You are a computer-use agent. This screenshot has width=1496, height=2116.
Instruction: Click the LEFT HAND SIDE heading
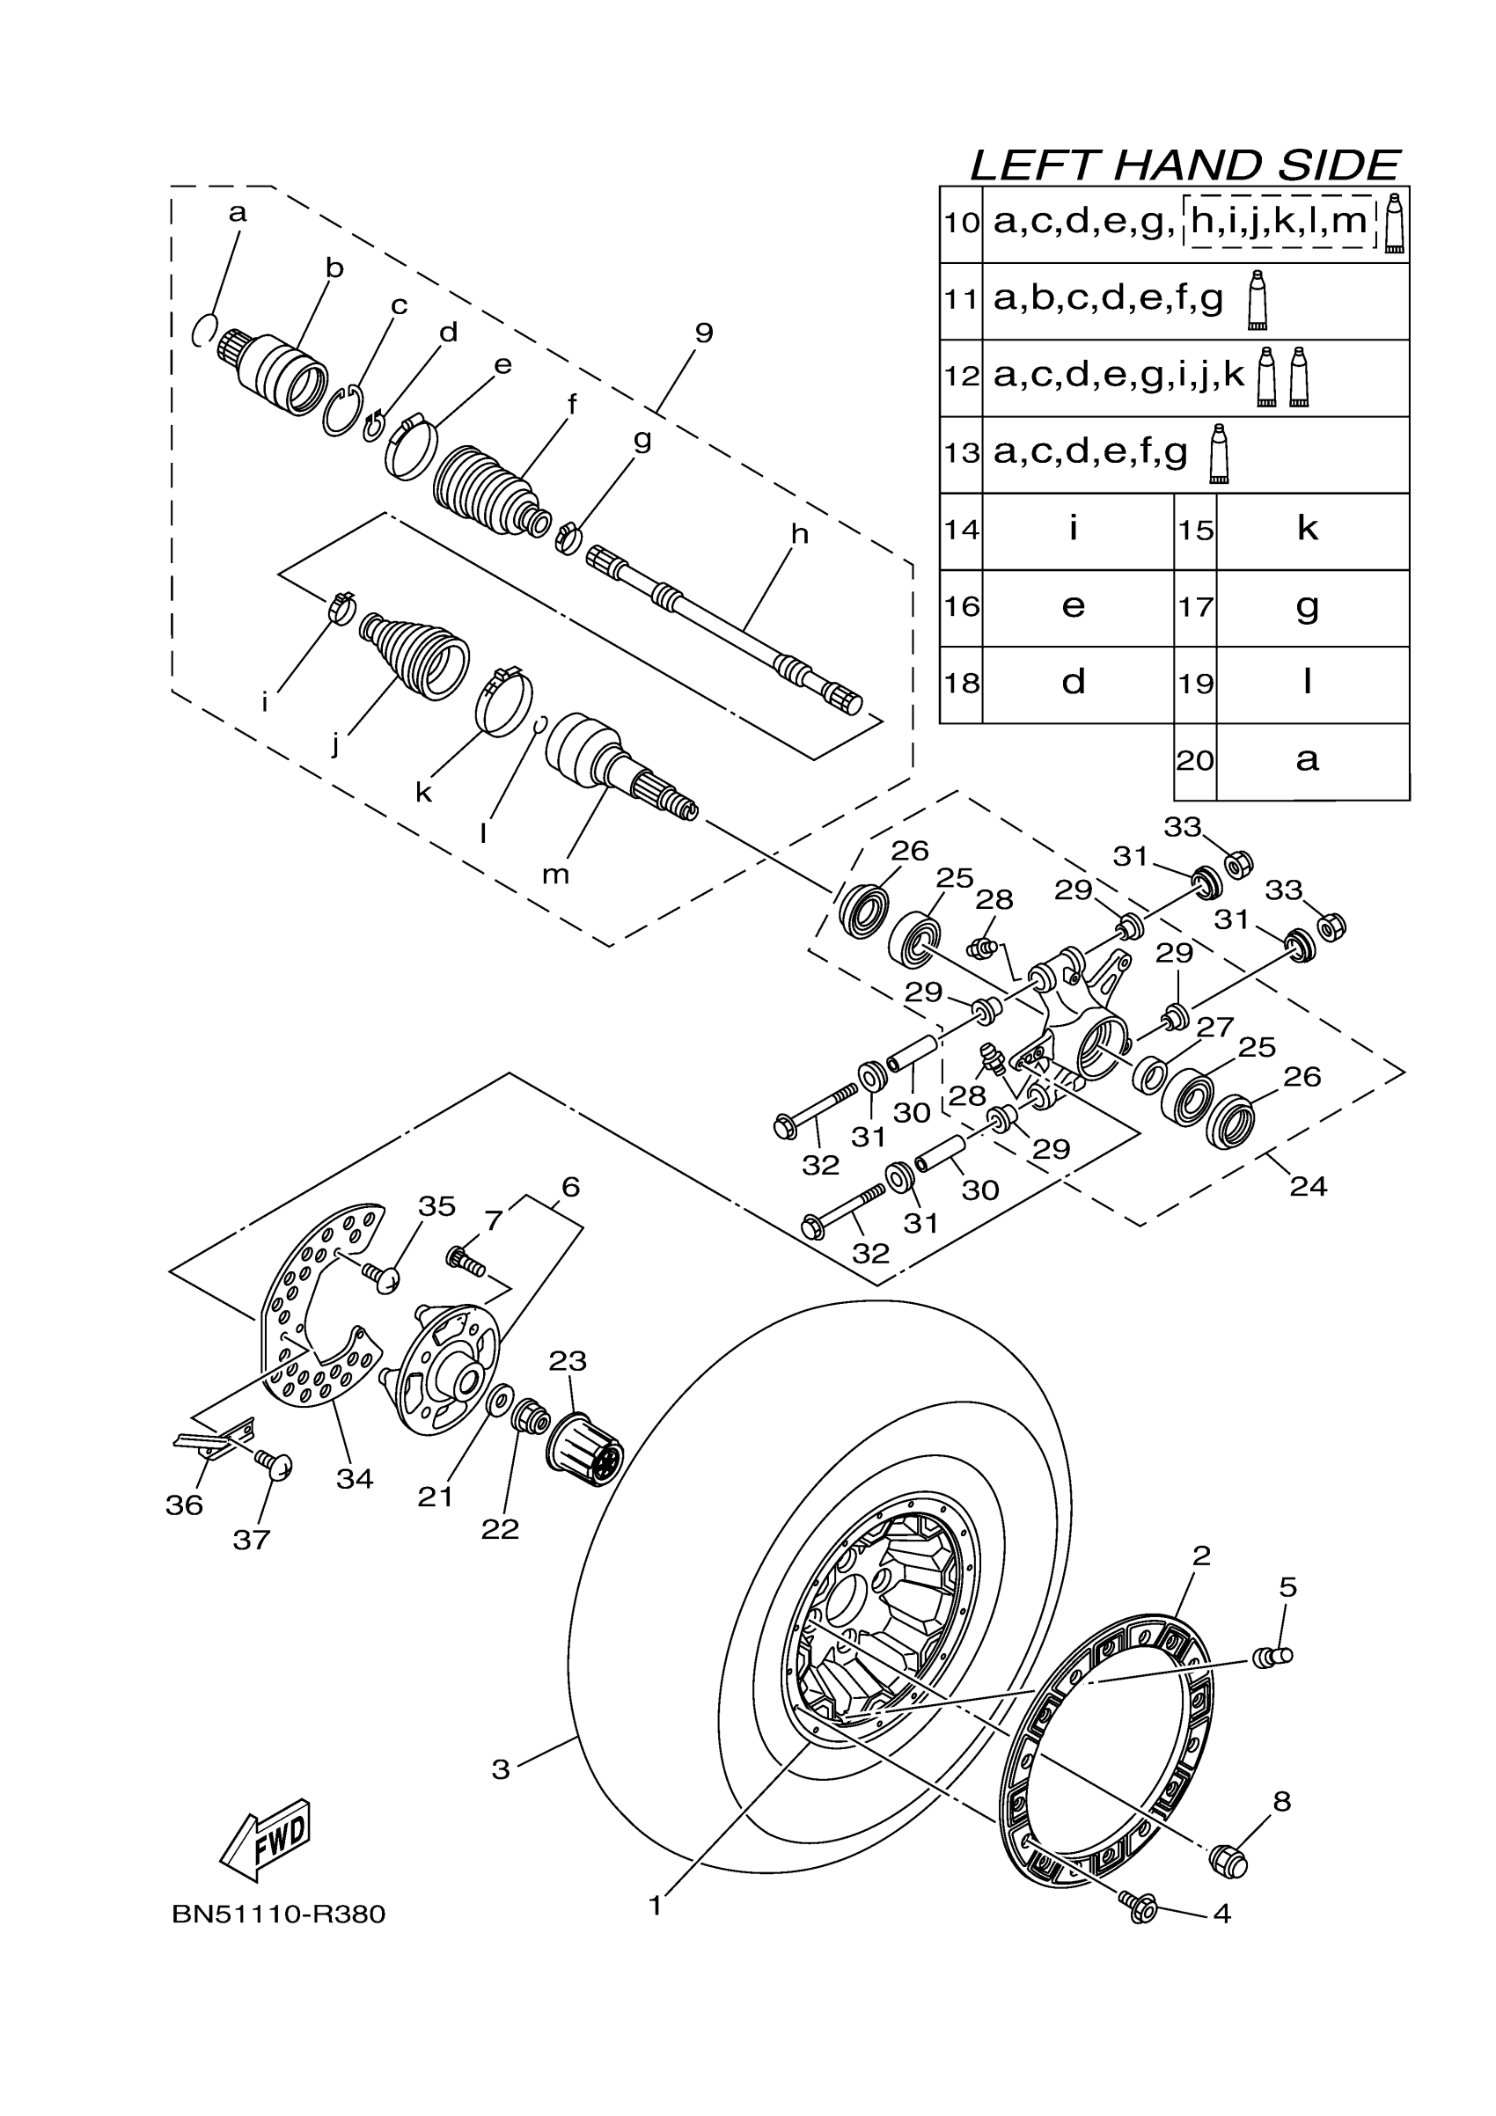(x=1184, y=166)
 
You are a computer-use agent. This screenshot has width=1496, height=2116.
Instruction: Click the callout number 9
(x=703, y=333)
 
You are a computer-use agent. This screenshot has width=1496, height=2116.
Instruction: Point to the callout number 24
(x=1308, y=1186)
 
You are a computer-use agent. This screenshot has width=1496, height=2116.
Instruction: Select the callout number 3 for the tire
(x=501, y=1769)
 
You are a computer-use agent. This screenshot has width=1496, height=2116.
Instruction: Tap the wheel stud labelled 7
(x=466, y=1261)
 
